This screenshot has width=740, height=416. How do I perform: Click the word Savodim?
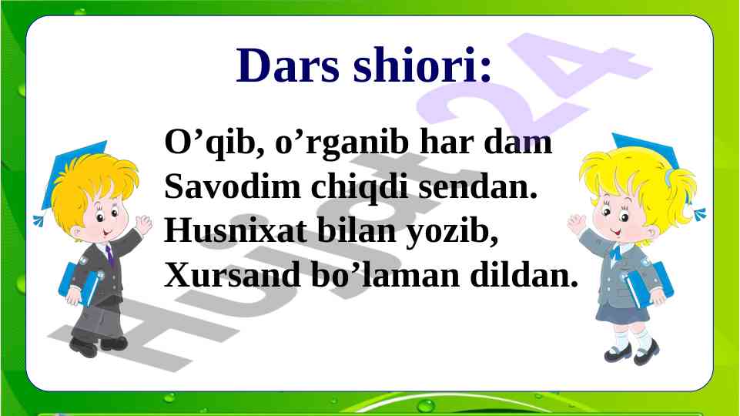(233, 186)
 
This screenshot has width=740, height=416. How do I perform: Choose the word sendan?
(477, 186)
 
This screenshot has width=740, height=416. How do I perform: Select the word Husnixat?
(235, 230)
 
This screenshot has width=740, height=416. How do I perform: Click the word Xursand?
(233, 275)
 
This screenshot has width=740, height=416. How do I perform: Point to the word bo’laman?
(385, 275)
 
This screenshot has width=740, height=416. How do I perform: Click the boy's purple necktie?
(109, 256)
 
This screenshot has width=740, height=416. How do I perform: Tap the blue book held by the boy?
(79, 284)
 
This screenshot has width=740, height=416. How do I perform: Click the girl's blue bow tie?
(615, 252)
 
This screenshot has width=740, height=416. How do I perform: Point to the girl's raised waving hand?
(576, 224)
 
